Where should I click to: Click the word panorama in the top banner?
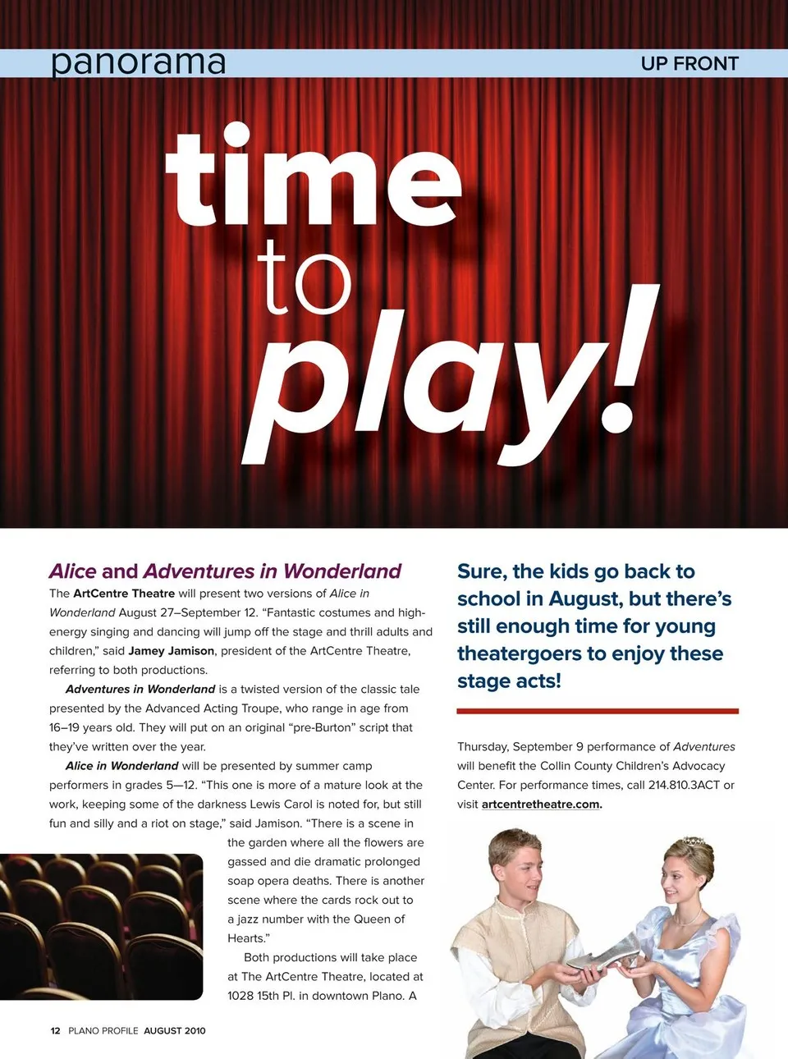click(138, 62)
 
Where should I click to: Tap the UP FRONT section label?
click(689, 63)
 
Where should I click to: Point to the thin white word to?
click(304, 278)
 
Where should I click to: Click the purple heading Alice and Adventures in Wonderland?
click(225, 571)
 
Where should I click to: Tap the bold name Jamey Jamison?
click(171, 651)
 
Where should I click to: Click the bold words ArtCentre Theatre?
click(124, 594)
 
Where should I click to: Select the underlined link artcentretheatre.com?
click(541, 805)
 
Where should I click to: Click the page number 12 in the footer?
click(55, 1030)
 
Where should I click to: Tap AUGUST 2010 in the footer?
click(175, 1030)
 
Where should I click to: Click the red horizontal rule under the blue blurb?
click(598, 711)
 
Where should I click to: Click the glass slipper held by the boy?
click(605, 953)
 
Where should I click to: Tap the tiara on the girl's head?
click(694, 841)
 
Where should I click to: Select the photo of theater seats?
click(101, 926)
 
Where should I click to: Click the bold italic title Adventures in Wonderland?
click(140, 690)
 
